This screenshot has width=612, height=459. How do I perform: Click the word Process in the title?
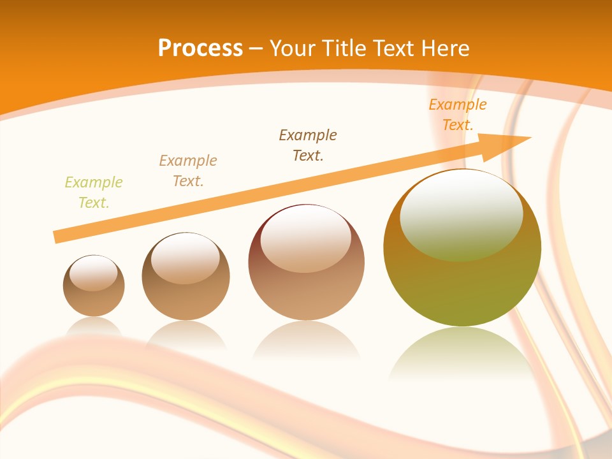pyautogui.click(x=200, y=48)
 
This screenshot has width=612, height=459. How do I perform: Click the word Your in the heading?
pyautogui.click(x=293, y=48)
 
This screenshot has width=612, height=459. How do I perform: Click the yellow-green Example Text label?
pyautogui.click(x=94, y=193)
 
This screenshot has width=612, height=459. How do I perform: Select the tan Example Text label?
pyautogui.click(x=188, y=171)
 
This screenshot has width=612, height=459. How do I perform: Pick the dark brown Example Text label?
pyautogui.click(x=308, y=145)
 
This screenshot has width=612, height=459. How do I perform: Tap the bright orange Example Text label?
pyautogui.click(x=458, y=115)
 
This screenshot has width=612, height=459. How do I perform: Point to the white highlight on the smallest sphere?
pyautogui.click(x=94, y=273)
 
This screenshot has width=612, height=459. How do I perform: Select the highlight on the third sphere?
pyautogui.click(x=305, y=238)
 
